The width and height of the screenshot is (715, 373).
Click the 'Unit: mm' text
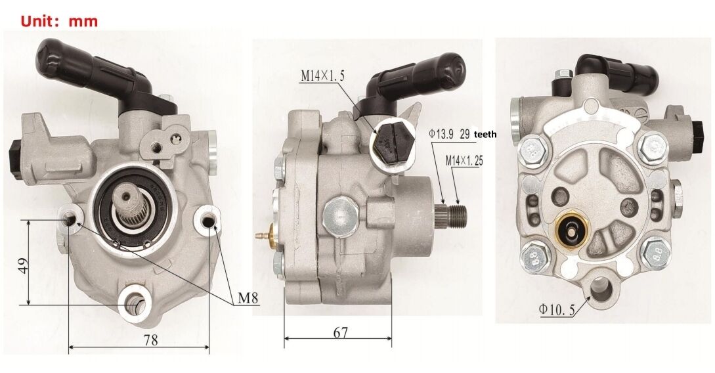[59, 21]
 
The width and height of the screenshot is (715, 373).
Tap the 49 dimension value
[23, 265]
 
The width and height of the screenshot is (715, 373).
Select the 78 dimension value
[151, 340]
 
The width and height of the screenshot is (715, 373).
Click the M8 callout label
[248, 299]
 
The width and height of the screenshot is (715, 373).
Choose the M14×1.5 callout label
[322, 76]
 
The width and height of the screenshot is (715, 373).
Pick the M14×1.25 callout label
[464, 161]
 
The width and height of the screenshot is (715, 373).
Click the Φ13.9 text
[441, 134]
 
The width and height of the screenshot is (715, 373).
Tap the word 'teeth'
[485, 135]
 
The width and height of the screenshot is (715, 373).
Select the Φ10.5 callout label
[557, 309]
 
